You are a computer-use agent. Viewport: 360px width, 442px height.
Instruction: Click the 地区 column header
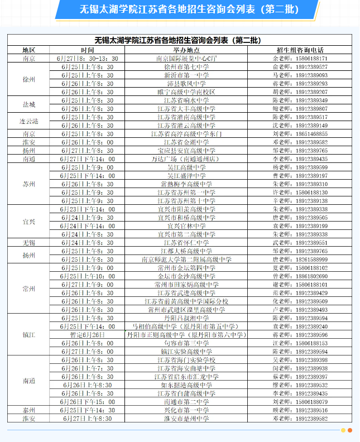[29, 50]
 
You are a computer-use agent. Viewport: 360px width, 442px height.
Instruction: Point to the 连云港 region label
[29, 121]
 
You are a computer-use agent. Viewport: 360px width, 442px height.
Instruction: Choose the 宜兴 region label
[29, 222]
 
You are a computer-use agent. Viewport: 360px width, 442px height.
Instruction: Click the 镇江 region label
[29, 335]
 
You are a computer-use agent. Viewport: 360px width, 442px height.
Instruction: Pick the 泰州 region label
[29, 410]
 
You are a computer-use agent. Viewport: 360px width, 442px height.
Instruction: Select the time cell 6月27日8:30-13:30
[87, 58]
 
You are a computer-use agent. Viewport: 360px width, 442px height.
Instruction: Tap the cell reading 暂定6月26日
[87, 335]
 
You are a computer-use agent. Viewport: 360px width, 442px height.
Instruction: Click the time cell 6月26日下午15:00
[87, 402]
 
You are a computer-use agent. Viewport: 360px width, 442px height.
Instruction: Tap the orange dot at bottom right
[349, 430]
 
